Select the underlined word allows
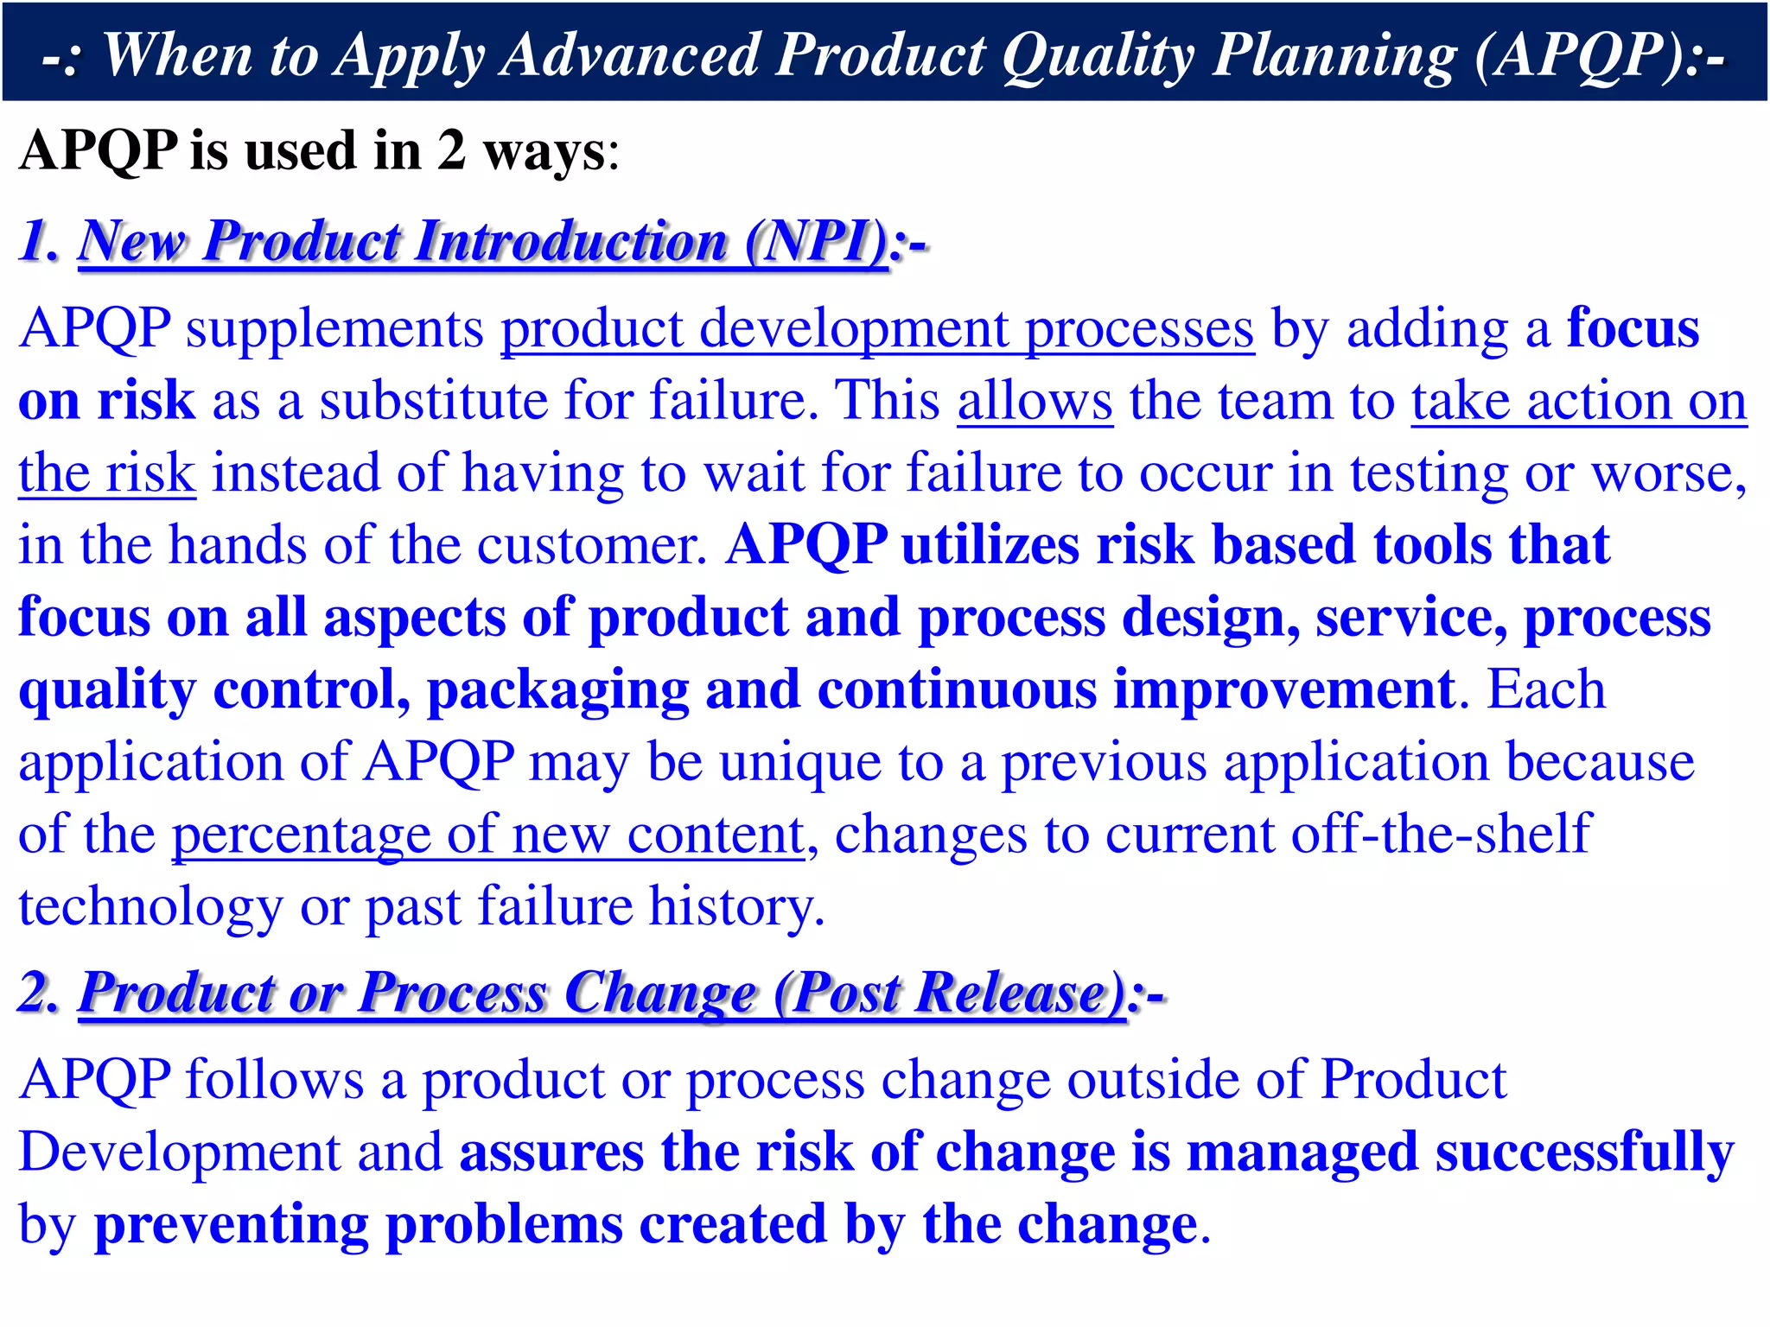coord(1035,402)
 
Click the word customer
coord(592,545)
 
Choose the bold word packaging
coord(557,690)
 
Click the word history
coord(735,907)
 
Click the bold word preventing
coord(231,1225)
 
